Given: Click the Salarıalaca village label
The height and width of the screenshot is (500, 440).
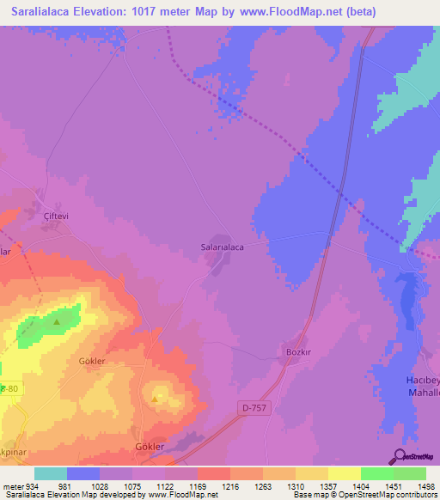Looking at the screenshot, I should (223, 247).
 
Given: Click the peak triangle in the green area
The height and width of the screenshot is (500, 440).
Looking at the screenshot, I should (57, 322).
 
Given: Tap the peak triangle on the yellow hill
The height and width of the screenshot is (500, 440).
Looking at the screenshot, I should (155, 399).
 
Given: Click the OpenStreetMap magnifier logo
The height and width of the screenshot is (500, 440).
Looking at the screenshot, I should (399, 456).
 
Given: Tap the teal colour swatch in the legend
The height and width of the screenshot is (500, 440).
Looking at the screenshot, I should (51, 473).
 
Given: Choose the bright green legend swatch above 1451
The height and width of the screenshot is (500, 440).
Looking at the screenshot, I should (377, 473).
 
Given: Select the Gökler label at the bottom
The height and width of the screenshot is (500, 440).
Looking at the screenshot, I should (150, 447).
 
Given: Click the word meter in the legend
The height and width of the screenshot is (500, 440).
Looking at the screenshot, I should (12, 485).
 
